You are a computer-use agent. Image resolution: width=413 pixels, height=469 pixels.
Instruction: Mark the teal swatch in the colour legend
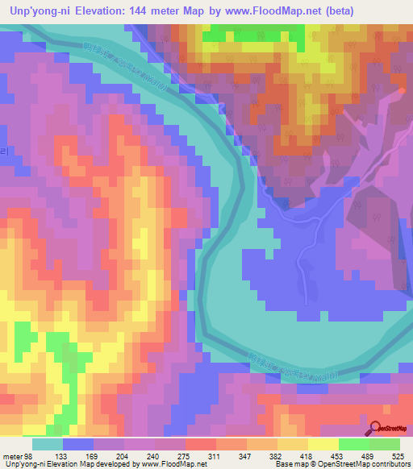pyautogui.click(x=48, y=444)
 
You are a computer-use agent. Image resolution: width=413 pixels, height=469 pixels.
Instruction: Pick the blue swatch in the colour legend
pyautogui.click(x=78, y=444)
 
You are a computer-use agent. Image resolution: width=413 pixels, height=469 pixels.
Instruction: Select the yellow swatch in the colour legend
pyautogui.click(x=322, y=444)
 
